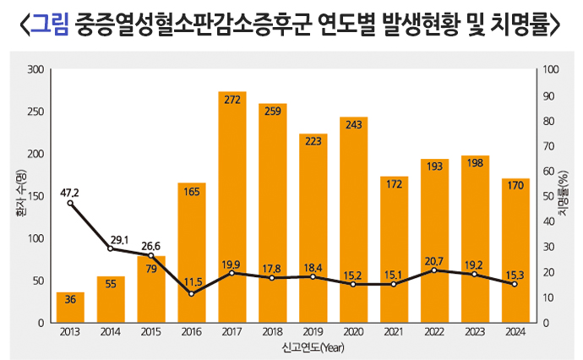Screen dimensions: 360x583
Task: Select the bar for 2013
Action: coord(70,308)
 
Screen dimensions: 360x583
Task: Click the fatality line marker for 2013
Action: coord(70,203)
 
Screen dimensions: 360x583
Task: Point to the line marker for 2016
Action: coord(191,294)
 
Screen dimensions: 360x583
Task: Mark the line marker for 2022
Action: coord(434,270)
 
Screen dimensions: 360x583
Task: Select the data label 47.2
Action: coord(70,192)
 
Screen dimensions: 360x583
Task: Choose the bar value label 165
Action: coord(192,191)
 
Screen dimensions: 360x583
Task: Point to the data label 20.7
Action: coord(434,259)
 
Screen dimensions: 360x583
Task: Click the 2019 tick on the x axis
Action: coord(313,332)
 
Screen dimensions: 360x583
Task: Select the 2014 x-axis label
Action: coord(111,332)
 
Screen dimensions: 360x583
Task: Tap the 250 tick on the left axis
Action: coord(37,112)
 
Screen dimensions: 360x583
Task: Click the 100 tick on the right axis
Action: coord(549,69)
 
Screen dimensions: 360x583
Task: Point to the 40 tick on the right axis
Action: coord(547,221)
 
